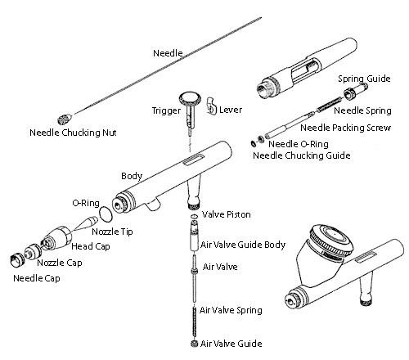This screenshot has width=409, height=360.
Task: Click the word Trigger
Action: point(167,110)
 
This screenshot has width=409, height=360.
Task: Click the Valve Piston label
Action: point(226,214)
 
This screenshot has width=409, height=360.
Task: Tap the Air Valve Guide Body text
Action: point(243,244)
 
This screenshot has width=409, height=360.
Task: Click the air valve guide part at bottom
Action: point(193,345)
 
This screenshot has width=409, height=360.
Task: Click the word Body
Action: point(132,176)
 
